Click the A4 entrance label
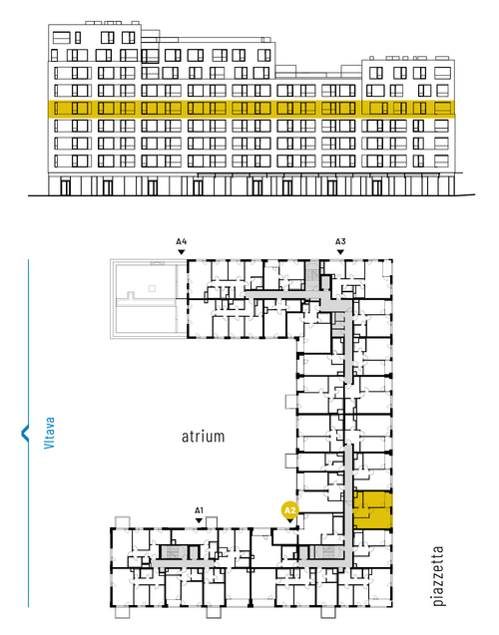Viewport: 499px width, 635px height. click(182, 242)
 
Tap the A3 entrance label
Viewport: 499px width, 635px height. click(340, 242)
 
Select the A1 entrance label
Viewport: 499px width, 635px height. click(199, 510)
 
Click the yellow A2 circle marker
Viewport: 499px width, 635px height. click(290, 510)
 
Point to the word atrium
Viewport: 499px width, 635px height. click(203, 437)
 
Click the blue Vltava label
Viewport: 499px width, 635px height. click(49, 433)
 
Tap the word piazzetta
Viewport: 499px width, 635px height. click(438, 576)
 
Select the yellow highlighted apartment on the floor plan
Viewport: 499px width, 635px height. click(373, 510)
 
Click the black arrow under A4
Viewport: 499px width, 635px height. click(182, 252)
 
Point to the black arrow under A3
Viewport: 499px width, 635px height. click(340, 252)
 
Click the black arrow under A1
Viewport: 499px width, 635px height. click(199, 520)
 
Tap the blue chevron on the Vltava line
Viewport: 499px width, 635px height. click(25, 433)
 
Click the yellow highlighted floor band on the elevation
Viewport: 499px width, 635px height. click(251, 109)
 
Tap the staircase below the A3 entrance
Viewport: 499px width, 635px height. click(312, 274)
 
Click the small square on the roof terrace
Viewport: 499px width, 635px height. click(152, 288)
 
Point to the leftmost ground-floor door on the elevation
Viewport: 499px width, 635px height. click(65, 187)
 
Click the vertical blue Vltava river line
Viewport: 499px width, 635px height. click(28, 433)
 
